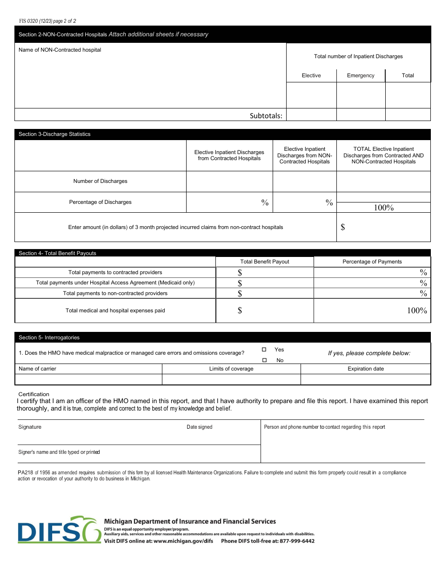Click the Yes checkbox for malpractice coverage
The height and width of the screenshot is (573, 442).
pyautogui.click(x=264, y=350)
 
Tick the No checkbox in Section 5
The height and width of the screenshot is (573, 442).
pyautogui.click(x=264, y=360)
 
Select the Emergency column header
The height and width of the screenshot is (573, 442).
pyautogui.click(x=361, y=75)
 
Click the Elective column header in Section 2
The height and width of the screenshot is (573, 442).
pyautogui.click(x=311, y=75)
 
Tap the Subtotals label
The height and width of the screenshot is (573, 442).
pyautogui.click(x=266, y=115)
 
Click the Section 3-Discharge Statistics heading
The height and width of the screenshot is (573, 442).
pyautogui.click(x=54, y=134)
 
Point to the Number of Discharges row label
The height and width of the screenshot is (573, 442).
pyautogui.click(x=100, y=181)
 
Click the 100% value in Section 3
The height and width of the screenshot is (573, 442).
pyautogui.click(x=383, y=208)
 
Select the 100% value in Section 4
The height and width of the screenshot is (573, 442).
pyautogui.click(x=417, y=310)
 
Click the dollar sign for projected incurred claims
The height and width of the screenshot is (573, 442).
pyautogui.click(x=343, y=227)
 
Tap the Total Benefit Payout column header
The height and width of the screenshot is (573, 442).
pyautogui.click(x=265, y=262)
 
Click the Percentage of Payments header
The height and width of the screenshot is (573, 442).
pyautogui.click(x=372, y=262)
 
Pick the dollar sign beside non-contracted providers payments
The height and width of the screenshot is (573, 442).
pyautogui.click(x=240, y=293)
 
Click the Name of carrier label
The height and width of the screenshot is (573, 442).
pyautogui.click(x=37, y=369)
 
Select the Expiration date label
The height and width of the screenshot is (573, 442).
pyautogui.click(x=366, y=369)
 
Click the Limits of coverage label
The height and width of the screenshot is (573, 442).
pyautogui.click(x=231, y=369)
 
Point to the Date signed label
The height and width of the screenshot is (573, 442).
pyautogui.click(x=199, y=427)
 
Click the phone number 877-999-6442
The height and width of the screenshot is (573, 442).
pyautogui.click(x=297, y=541)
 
